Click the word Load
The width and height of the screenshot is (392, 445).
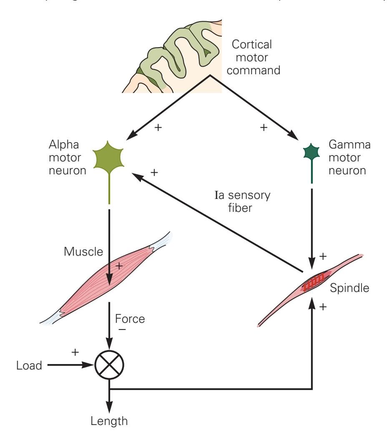point(29,366)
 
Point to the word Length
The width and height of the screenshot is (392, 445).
point(109,421)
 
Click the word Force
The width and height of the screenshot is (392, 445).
point(130,319)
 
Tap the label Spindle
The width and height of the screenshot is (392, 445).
point(349,288)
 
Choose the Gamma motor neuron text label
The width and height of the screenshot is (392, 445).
point(350,158)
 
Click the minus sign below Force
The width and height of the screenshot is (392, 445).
point(123,330)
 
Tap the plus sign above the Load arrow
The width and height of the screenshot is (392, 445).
point(75,352)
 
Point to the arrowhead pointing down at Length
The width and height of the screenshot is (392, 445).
point(109,407)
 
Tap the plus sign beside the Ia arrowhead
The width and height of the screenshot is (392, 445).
point(154,172)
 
